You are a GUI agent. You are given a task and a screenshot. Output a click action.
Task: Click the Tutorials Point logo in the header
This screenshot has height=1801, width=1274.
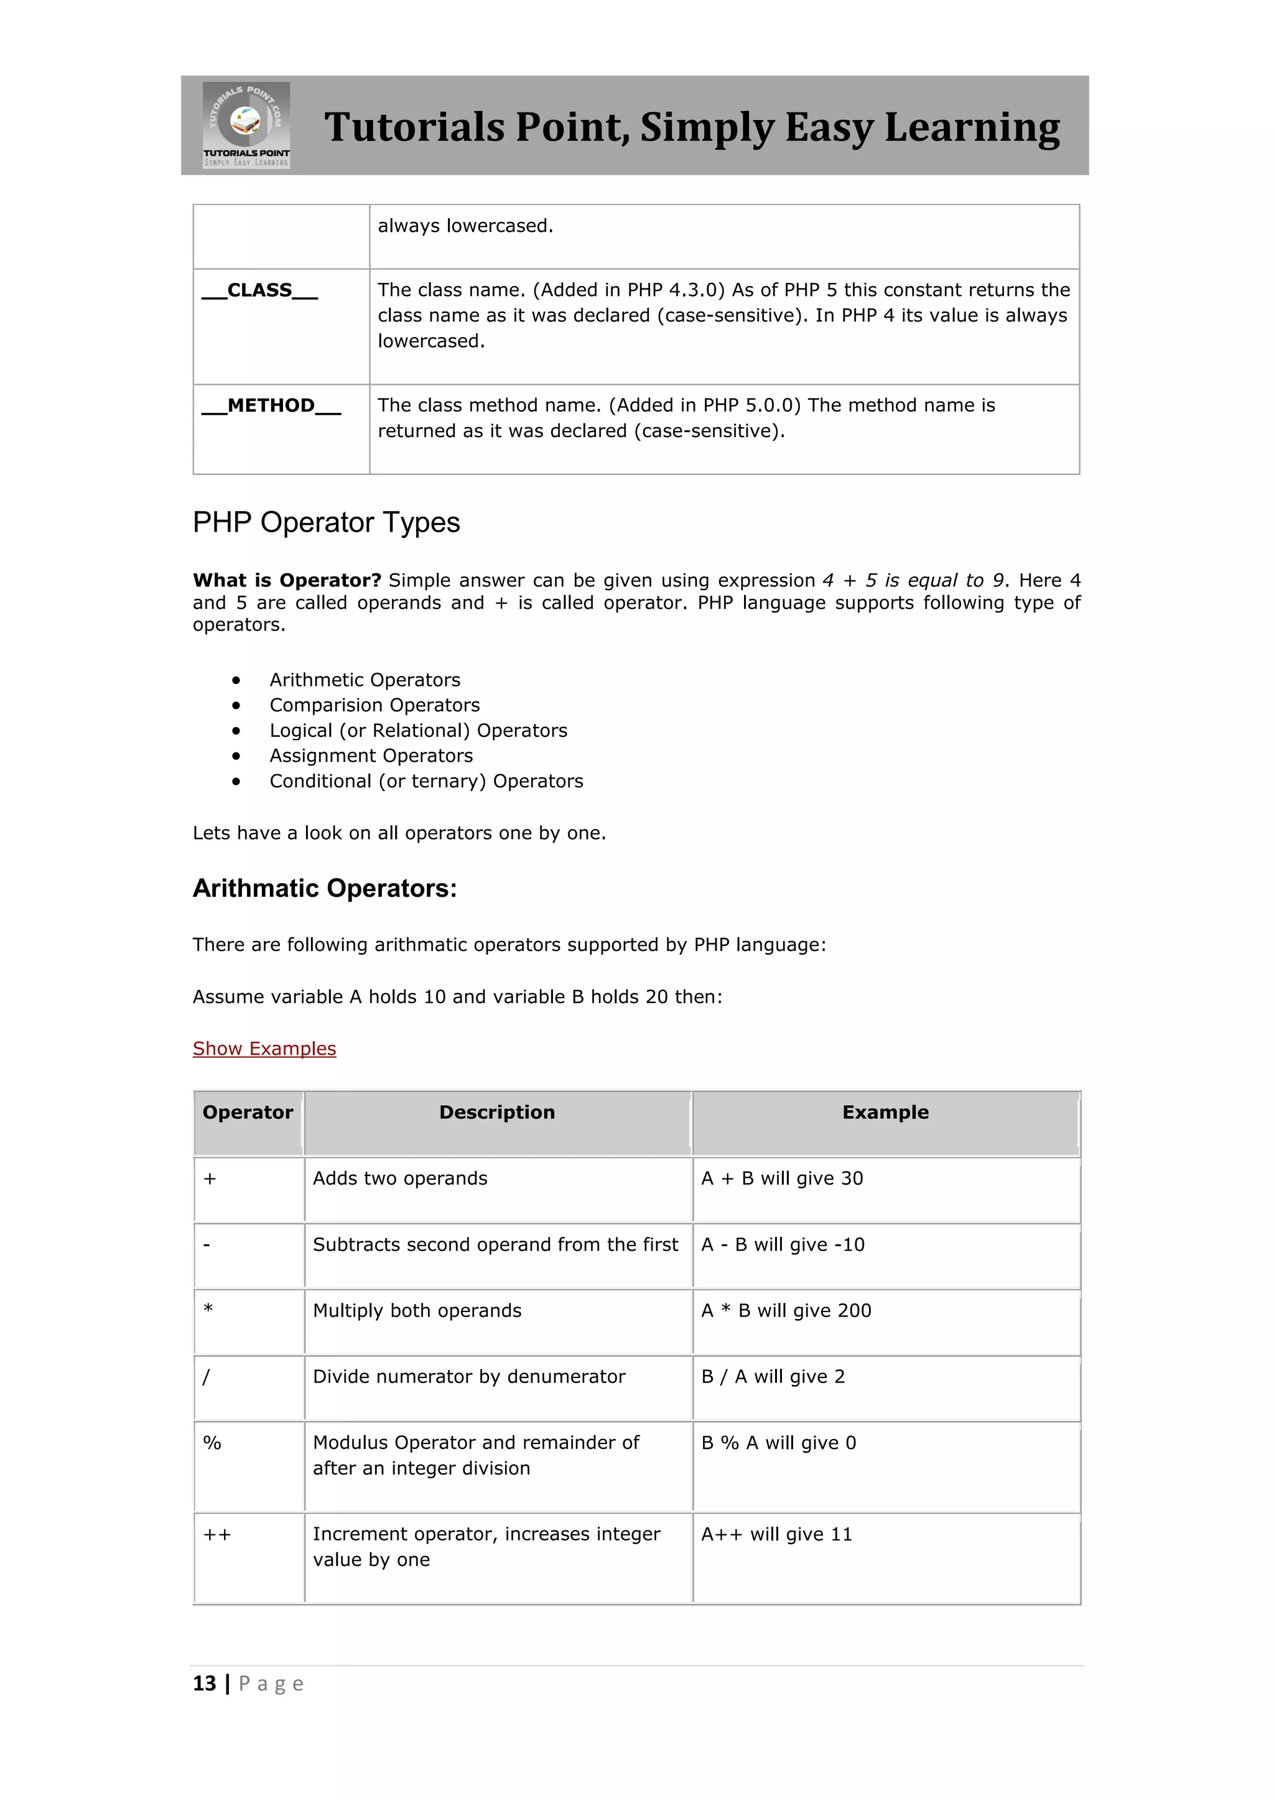pos(246,126)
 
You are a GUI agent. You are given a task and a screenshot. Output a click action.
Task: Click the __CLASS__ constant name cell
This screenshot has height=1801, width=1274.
pos(259,290)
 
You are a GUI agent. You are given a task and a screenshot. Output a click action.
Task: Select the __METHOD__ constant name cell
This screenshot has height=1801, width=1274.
pos(271,405)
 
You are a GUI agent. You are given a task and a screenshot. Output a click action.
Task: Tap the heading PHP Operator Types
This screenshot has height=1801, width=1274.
pos(327,522)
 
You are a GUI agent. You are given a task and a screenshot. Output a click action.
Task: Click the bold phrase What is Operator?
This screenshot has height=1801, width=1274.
pos(286,580)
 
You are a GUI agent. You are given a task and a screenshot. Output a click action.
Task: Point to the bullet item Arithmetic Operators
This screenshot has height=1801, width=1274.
pos(365,680)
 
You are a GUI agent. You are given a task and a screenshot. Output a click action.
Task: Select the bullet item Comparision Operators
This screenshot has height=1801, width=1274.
pos(374,705)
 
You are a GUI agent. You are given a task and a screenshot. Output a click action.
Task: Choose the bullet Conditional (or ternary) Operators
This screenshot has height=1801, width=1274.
pos(426,781)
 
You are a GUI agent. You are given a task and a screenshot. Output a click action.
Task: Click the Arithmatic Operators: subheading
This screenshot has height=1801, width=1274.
pos(325,889)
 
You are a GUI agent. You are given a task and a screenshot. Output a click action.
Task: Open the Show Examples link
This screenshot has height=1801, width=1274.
pos(264,1049)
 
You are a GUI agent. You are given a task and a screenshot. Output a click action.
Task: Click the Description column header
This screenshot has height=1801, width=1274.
pos(496,1113)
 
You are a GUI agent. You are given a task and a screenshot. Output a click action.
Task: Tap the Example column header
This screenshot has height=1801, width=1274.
pos(885,1113)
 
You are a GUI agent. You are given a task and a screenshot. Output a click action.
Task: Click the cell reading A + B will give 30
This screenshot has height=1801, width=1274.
pos(781,1178)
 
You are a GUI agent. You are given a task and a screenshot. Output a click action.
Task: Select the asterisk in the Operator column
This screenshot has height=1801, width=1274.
pos(208,1309)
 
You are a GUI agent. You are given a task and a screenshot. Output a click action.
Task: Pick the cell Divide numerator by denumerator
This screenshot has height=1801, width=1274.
pos(468,1377)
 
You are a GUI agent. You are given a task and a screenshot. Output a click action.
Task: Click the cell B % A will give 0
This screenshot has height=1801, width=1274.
pos(778,1443)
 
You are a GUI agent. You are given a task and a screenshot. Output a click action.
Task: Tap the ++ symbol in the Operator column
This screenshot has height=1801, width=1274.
pos(216,1534)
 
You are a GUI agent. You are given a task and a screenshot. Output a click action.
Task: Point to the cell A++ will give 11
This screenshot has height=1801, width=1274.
pos(776,1534)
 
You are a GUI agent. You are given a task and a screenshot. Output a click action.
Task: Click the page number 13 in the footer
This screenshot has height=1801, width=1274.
pos(204,1684)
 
